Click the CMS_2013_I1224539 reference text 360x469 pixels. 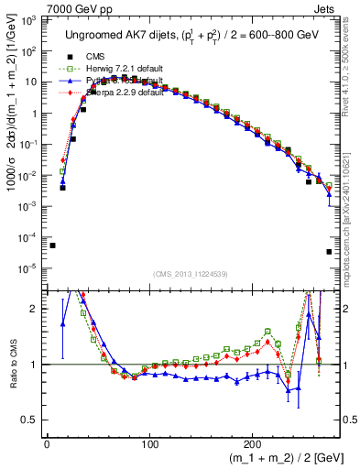pos(191,275)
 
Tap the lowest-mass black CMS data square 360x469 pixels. pos(52,245)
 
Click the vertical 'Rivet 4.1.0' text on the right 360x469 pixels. pos(351,64)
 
